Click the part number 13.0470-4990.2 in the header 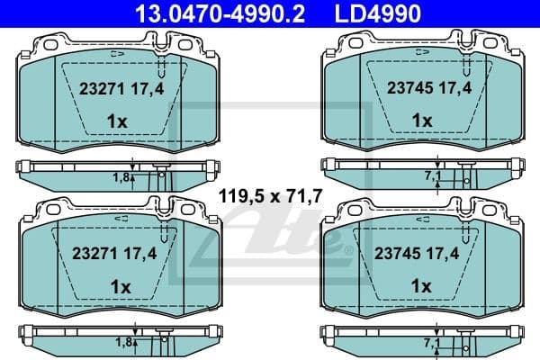click(202, 12)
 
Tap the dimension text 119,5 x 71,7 click(267, 195)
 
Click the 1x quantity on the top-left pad click(117, 121)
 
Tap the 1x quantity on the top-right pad click(421, 121)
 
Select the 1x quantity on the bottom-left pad click(117, 286)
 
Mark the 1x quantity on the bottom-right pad click(421, 286)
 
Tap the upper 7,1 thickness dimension click(429, 177)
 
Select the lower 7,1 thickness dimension click(429, 343)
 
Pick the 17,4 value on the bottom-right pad click(447, 255)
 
